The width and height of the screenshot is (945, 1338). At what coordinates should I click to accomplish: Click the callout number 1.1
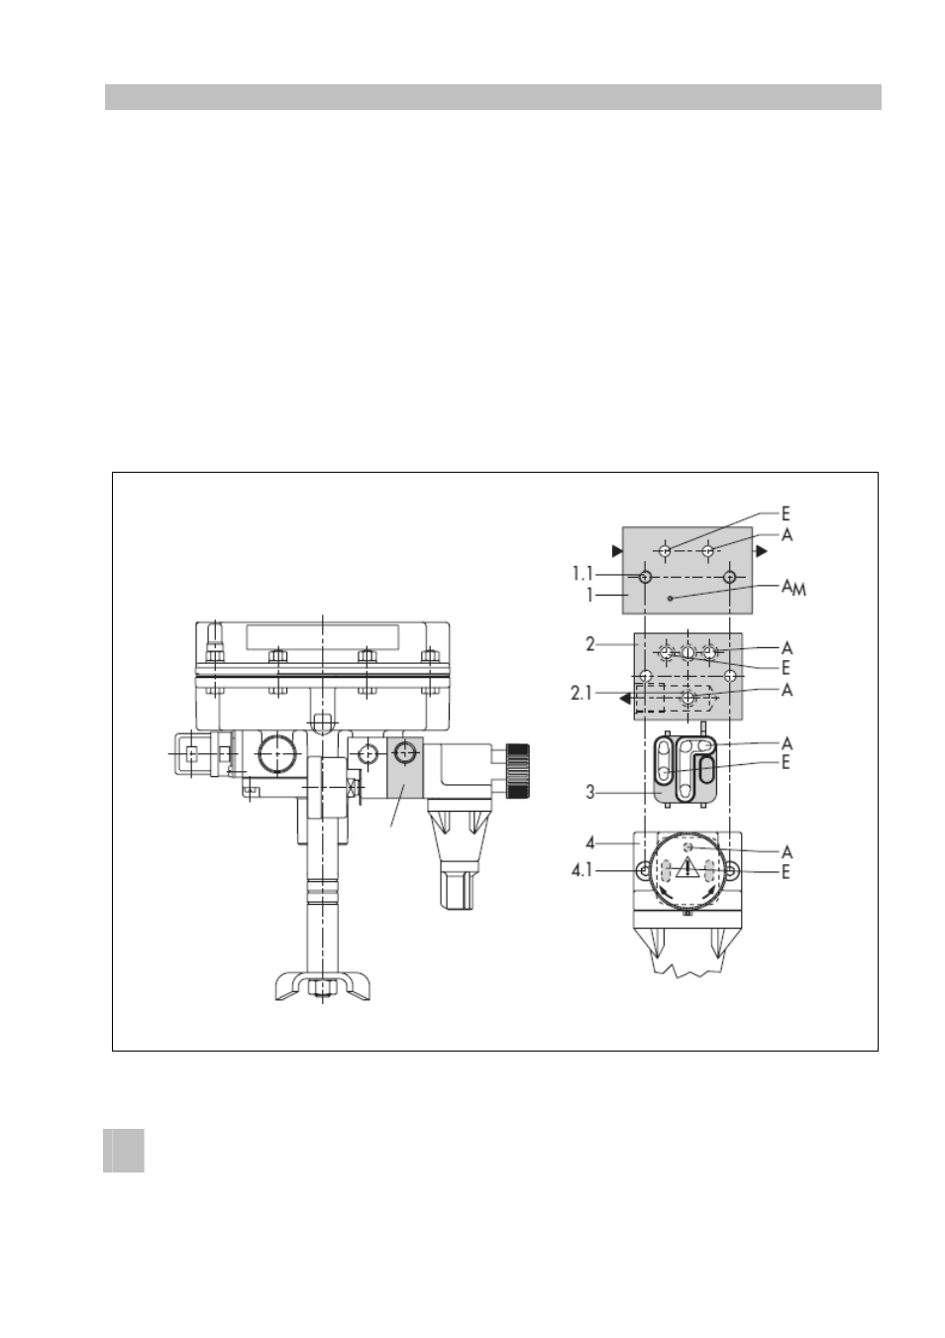coord(582,574)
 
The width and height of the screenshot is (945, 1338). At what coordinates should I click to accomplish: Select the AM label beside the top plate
coord(794,589)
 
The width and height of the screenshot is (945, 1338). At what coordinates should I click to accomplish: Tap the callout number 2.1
coord(581,693)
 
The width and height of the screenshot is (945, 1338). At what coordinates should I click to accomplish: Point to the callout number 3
coord(589,793)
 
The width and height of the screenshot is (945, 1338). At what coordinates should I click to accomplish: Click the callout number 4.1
coord(582,871)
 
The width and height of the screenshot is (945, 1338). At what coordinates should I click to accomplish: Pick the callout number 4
coord(589,843)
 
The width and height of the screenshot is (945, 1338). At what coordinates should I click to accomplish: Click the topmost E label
coord(786,513)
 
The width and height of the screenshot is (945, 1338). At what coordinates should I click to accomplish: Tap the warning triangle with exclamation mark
coord(687,866)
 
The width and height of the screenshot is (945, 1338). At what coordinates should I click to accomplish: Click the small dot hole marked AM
coord(670,599)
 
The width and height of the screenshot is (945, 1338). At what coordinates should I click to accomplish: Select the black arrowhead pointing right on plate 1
coord(761,551)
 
